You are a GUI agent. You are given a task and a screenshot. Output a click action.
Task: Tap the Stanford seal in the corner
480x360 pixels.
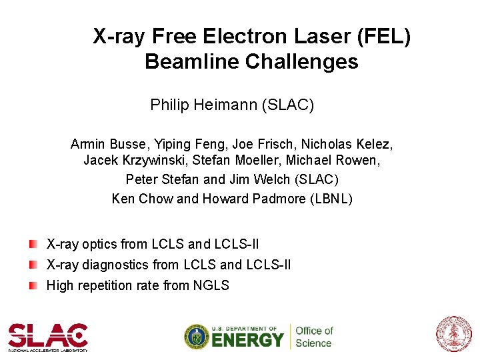453,334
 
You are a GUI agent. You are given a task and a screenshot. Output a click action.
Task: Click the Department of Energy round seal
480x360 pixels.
196,337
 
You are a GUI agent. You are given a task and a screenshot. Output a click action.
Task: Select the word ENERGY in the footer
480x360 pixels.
248,340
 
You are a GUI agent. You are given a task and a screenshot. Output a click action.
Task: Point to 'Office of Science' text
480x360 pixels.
313,337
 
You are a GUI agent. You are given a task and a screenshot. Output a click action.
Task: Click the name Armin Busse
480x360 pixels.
109,144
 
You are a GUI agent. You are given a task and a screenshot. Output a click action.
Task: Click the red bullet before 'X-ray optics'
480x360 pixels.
33,243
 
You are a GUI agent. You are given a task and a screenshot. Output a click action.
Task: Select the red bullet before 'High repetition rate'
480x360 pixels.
33,285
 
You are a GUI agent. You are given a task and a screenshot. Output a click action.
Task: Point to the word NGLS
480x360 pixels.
211,286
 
